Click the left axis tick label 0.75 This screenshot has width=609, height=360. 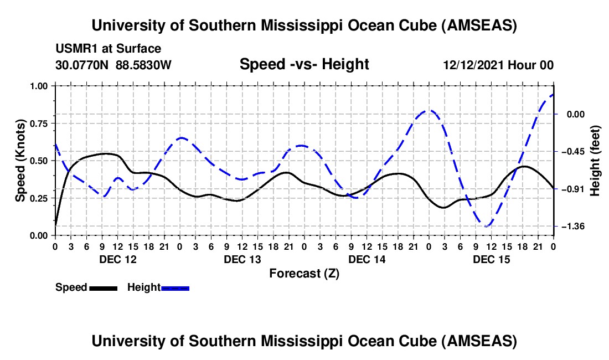click(40, 123)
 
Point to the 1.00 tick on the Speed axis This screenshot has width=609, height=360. click(40, 86)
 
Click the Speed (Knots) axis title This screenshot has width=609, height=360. click(20, 161)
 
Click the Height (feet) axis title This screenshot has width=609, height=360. click(595, 161)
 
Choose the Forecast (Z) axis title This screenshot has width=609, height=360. click(304, 273)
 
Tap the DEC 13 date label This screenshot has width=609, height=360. click(242, 259)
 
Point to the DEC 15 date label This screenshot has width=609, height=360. click(492, 259)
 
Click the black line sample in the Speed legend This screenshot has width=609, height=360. click(103, 287)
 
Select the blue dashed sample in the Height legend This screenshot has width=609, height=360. click(176, 287)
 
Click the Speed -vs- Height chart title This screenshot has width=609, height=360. click(304, 64)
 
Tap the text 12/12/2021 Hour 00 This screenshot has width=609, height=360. click(498, 65)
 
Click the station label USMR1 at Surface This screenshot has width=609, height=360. click(108, 49)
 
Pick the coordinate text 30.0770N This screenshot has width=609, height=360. click(83, 65)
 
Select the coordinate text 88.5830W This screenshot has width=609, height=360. click(143, 65)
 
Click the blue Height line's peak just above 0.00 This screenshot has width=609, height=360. click(429, 110)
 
